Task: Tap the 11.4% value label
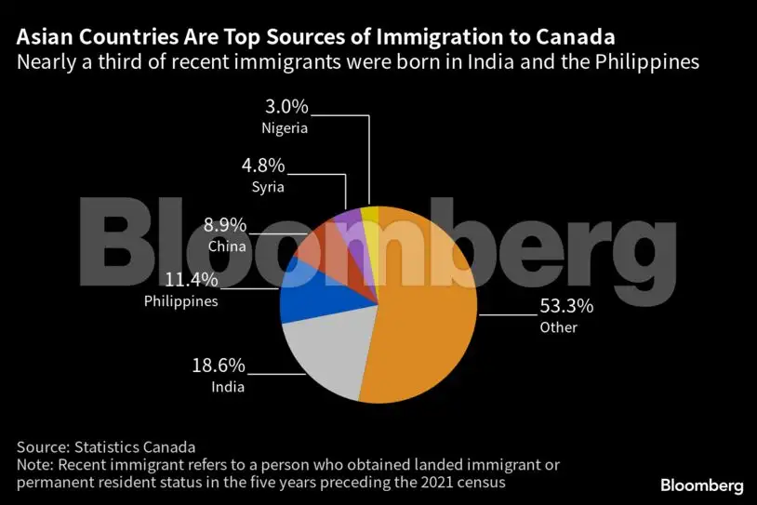tap(193, 281)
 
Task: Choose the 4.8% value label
tap(264, 167)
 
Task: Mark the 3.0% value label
tap(286, 109)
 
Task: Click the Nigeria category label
tap(285, 128)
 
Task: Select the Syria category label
tap(267, 187)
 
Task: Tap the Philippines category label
tap(181, 301)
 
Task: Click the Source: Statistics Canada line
tap(106, 446)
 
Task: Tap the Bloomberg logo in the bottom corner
tap(701, 485)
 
